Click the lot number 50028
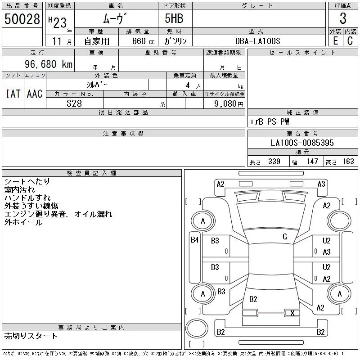coord(22,19)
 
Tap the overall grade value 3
coord(343,18)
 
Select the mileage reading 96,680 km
coord(49,64)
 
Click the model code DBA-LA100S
coord(257,41)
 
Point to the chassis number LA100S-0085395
coord(302,143)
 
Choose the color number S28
coord(74,103)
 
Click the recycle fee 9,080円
coord(229,104)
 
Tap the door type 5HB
coord(174,18)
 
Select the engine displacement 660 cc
coord(143,41)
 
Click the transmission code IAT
coord(13,94)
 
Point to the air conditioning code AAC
coord(35,94)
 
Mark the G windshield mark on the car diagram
coord(285,237)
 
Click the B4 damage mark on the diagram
coord(195,240)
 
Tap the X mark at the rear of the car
coord(292,313)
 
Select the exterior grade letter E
coord(335,41)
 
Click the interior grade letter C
coord(350,41)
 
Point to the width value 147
coord(312,162)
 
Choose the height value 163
coord(348,162)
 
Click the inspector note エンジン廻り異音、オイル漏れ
coord(58,214)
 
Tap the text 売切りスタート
coord(31,336)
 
